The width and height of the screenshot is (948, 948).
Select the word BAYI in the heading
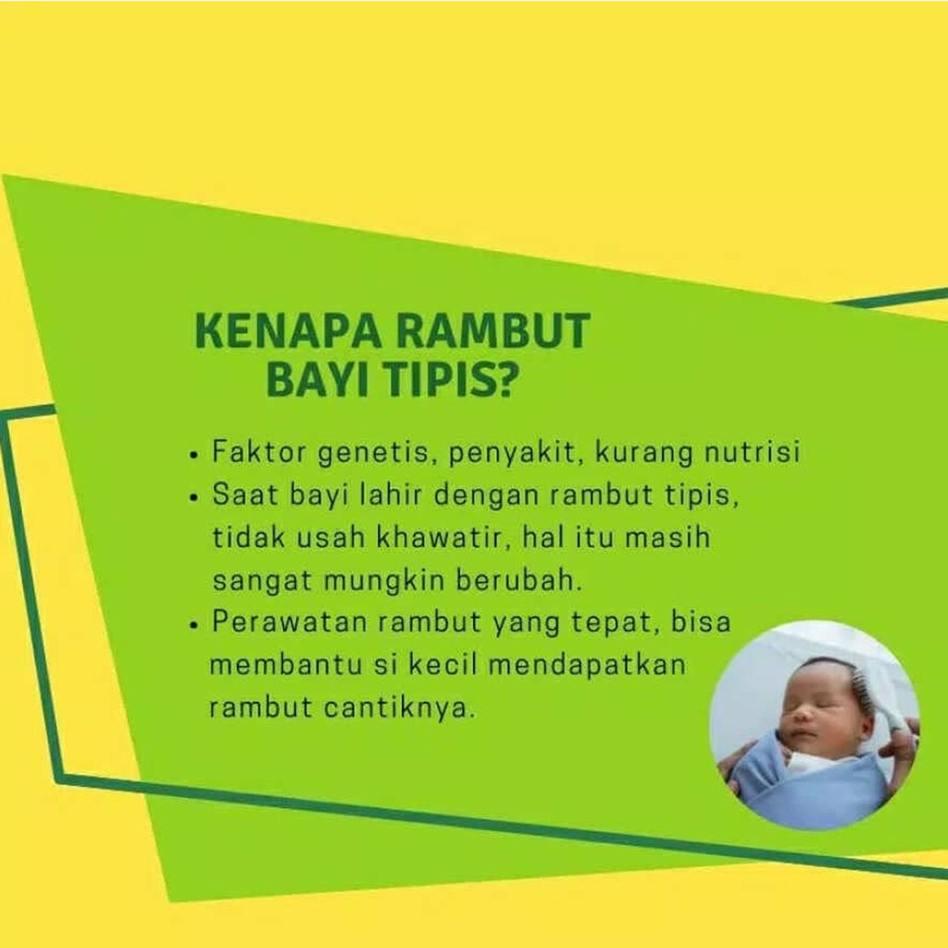click(318, 380)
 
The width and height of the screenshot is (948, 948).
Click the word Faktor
click(259, 451)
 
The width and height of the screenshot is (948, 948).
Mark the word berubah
click(518, 580)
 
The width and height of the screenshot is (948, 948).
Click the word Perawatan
click(290, 621)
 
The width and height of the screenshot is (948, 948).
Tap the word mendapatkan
click(587, 665)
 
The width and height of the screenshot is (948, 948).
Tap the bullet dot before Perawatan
click(193, 626)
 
